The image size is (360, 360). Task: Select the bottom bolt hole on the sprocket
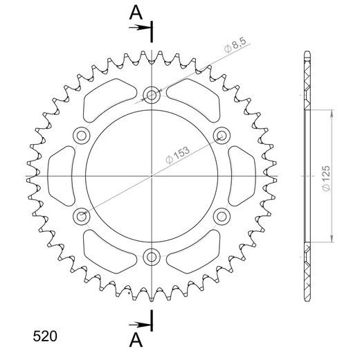point(152,257)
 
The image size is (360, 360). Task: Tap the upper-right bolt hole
point(221,135)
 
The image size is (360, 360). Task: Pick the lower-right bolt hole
point(221,216)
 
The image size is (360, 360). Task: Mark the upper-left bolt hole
point(82,135)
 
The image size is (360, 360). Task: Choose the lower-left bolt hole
point(82,217)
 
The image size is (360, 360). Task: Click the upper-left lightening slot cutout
point(109,97)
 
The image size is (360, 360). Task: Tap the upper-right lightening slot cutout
point(194,97)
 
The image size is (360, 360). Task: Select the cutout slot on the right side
point(242,176)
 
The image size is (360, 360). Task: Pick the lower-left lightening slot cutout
point(109,254)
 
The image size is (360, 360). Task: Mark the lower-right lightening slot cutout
point(194,254)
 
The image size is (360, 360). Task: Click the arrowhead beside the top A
point(147,27)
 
